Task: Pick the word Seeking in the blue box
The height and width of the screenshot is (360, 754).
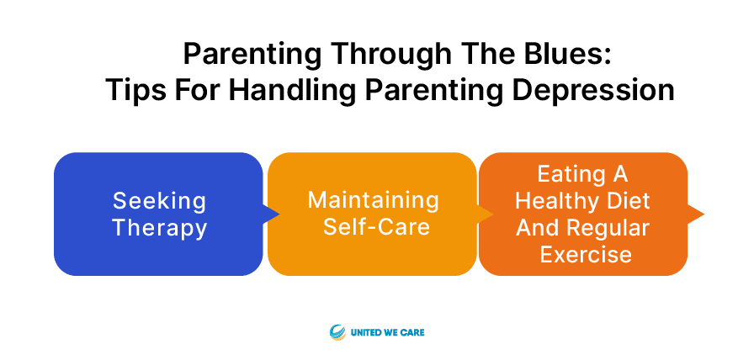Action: pyautogui.click(x=159, y=201)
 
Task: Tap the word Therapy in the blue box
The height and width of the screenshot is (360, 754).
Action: pyautogui.click(x=159, y=228)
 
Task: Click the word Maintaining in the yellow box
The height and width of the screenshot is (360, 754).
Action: pyautogui.click(x=373, y=200)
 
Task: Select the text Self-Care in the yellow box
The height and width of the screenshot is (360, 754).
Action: pyautogui.click(x=376, y=226)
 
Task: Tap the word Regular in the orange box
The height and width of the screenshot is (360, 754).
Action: pyautogui.click(x=605, y=228)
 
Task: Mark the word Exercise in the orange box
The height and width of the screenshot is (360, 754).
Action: pyautogui.click(x=586, y=254)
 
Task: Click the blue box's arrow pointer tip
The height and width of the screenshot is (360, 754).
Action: pyautogui.click(x=279, y=214)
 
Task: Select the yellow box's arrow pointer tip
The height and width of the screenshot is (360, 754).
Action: pyautogui.click(x=493, y=214)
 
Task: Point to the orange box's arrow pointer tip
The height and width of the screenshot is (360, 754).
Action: pyautogui.click(x=704, y=214)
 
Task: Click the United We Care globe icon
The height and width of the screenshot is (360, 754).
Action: pyautogui.click(x=337, y=332)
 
